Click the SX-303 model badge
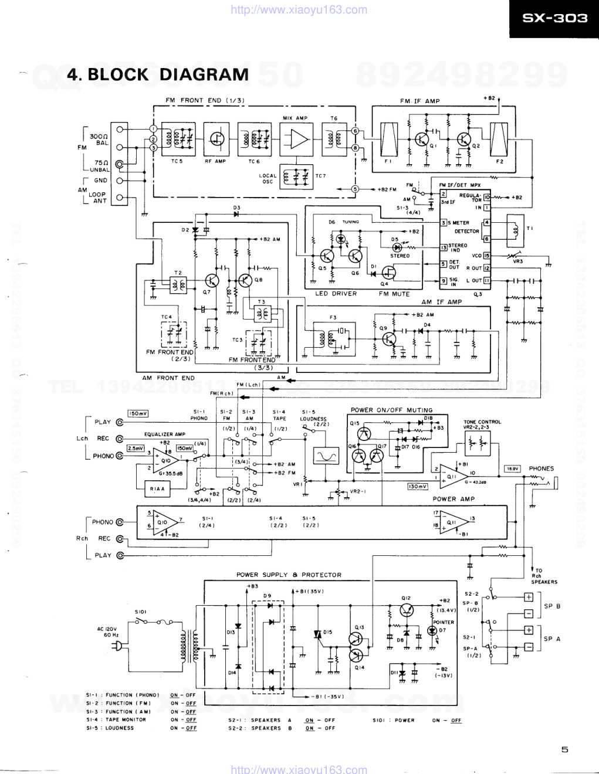pyautogui.click(x=554, y=19)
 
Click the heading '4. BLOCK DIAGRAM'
pyautogui.click(x=158, y=74)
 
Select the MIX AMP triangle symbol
pyautogui.click(x=296, y=139)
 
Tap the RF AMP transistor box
pyautogui.click(x=216, y=139)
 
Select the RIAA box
pyautogui.click(x=157, y=488)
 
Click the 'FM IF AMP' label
pyautogui.click(x=419, y=101)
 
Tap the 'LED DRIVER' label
pyautogui.click(x=336, y=294)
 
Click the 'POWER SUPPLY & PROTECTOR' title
pyautogui.click(x=289, y=575)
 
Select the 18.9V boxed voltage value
pyautogui.click(x=512, y=469)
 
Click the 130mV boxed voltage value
pyautogui.click(x=418, y=486)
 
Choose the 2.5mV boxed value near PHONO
pyautogui.click(x=136, y=449)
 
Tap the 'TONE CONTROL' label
pyautogui.click(x=482, y=422)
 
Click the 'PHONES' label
pyautogui.click(x=541, y=469)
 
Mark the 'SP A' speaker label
pyautogui.click(x=551, y=639)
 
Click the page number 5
pyautogui.click(x=564, y=749)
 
